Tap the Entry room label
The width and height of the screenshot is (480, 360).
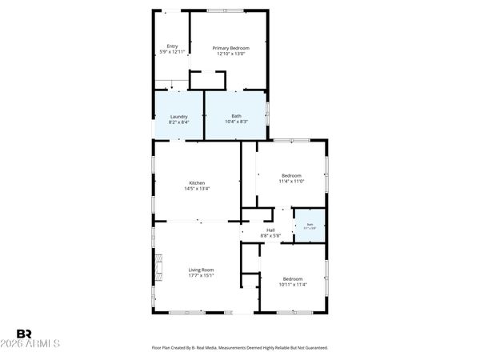click(x=172, y=46)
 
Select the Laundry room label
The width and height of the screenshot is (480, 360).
click(x=179, y=117)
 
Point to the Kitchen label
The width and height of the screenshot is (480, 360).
click(x=197, y=182)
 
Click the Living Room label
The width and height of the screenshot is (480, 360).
click(x=201, y=270)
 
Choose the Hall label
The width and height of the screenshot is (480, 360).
click(x=270, y=230)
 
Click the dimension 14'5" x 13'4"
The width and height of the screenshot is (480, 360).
click(x=197, y=189)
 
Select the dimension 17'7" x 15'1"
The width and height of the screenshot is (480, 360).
click(x=201, y=276)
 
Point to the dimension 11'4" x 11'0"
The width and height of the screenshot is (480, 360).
click(x=291, y=182)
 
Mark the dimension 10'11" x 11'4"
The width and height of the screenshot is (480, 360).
click(x=292, y=284)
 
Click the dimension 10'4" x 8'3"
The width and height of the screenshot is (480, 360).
click(x=236, y=122)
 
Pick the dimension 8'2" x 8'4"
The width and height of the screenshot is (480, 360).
click(x=179, y=122)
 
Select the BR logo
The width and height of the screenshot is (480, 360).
click(x=24, y=333)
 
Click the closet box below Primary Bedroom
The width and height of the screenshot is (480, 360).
click(x=207, y=80)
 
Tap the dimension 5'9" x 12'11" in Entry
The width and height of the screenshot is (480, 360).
click(x=172, y=52)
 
